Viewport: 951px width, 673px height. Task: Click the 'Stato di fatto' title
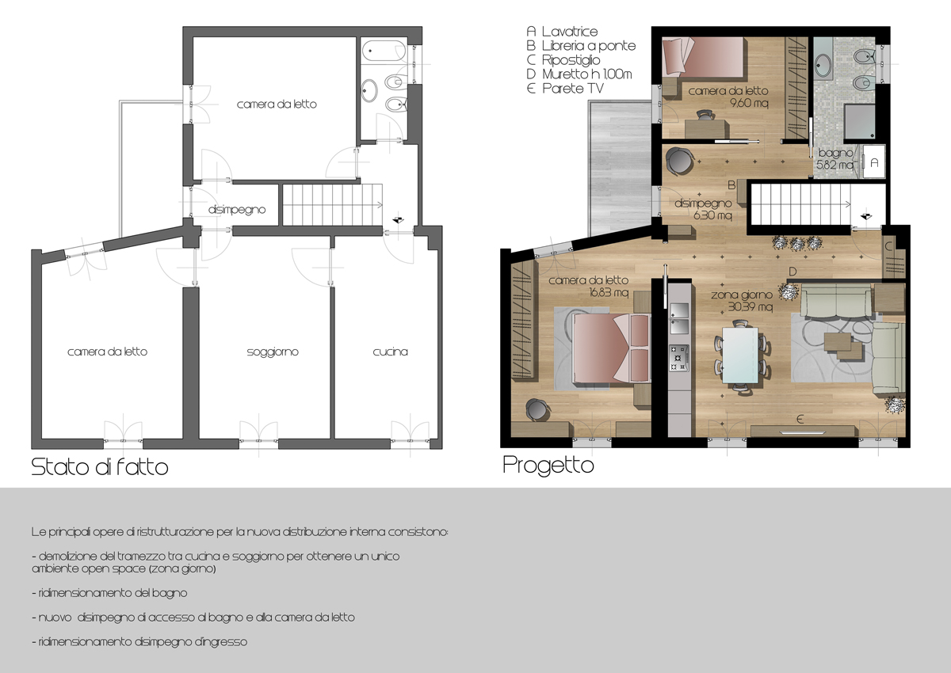click(x=100, y=467)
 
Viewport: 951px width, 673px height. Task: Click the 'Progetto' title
click(x=548, y=466)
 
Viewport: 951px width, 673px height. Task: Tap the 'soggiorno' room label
click(x=273, y=352)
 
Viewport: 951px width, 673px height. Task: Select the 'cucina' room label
click(x=390, y=352)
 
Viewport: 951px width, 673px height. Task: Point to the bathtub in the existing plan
click(x=384, y=51)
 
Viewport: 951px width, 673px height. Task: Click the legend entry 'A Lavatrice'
click(x=562, y=32)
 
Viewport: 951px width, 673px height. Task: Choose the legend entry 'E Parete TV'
click(x=564, y=89)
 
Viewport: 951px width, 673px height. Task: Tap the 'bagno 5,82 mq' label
click(x=835, y=158)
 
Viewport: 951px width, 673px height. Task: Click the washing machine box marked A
click(x=873, y=162)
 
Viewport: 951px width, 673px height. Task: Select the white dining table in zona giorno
click(x=740, y=355)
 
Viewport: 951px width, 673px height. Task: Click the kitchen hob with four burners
click(x=679, y=359)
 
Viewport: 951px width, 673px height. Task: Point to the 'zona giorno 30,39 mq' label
click(x=741, y=301)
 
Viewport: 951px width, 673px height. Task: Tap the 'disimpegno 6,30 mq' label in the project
click(x=704, y=209)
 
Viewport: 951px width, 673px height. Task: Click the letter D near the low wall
click(x=792, y=272)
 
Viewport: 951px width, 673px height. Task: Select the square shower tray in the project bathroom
click(x=860, y=122)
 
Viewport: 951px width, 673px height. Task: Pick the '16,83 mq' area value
click(x=609, y=293)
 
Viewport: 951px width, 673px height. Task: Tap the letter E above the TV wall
click(x=800, y=420)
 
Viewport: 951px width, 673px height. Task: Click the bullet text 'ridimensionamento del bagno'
click(x=109, y=593)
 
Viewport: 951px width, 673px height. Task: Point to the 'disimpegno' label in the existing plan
click(x=237, y=210)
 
